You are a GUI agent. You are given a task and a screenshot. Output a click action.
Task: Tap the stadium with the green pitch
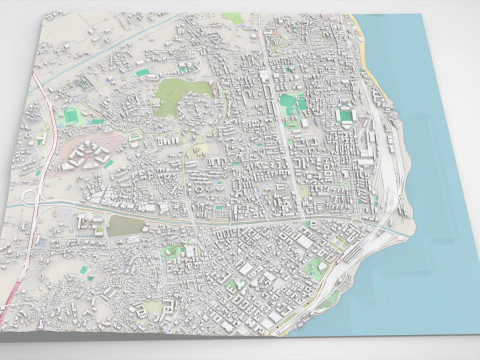[x=346, y=116]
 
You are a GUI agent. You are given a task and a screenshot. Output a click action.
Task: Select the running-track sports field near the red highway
[x=70, y=117]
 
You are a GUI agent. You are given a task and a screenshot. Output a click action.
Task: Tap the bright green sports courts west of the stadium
[x=290, y=101]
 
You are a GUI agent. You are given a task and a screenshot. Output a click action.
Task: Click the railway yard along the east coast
[x=385, y=170]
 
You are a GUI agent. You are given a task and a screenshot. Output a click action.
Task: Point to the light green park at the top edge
[x=232, y=18]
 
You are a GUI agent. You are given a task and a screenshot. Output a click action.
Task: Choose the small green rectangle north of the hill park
[x=143, y=72]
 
